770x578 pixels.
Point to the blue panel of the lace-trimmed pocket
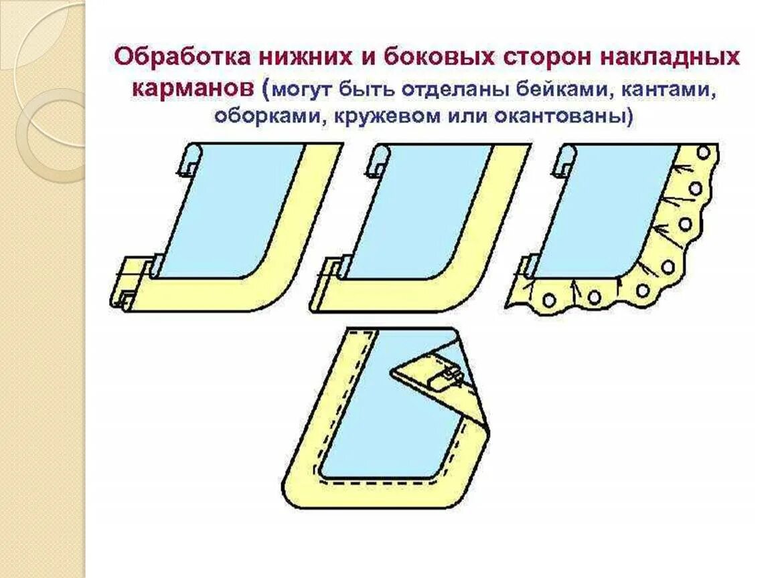[x=603, y=207]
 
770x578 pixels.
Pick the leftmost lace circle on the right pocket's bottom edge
[x=548, y=300]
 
